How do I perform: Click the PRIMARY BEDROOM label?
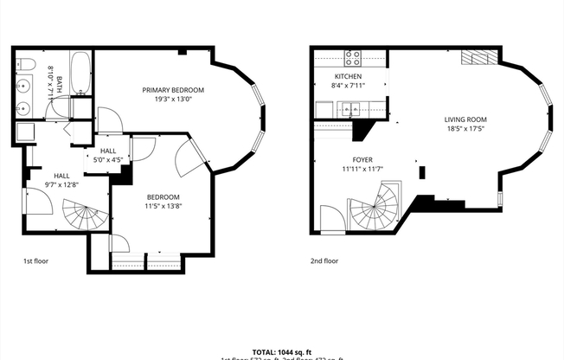173,90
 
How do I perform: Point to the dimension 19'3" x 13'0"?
173,99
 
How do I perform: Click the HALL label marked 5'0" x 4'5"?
107,151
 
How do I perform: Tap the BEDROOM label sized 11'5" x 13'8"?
163,197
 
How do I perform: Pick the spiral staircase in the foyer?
375,209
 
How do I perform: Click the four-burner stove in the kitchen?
353,58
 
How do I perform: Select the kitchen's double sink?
350,109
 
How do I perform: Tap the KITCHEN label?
347,76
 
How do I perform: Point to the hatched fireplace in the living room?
477,58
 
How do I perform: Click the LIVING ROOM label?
465,119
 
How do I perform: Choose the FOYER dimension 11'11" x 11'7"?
362,168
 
